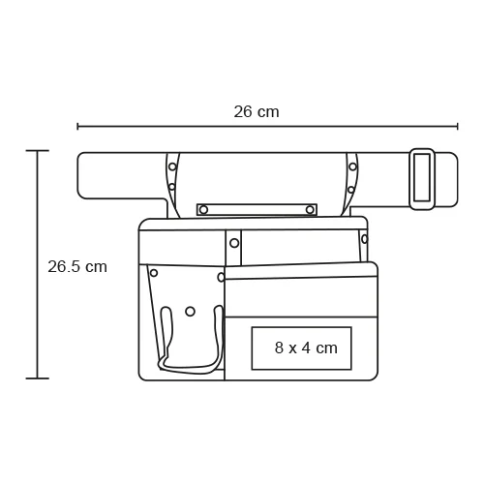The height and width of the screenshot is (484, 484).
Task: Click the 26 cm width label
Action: pyautogui.click(x=257, y=112)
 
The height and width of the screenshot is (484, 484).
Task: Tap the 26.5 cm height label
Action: pyautogui.click(x=77, y=267)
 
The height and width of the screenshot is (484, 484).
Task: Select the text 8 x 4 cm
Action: pyautogui.click(x=306, y=348)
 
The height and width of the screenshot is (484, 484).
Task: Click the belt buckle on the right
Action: pyautogui.click(x=422, y=178)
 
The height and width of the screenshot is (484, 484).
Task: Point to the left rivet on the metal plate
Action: pyautogui.click(x=203, y=210)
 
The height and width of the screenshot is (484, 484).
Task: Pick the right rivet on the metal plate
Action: pyautogui.click(x=310, y=210)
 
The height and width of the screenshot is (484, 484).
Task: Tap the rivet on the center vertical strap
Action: pyautogui.click(x=234, y=243)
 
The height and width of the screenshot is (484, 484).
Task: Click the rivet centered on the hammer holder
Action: pyautogui.click(x=190, y=312)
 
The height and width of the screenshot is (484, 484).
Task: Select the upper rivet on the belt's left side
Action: pyautogui.click(x=172, y=166)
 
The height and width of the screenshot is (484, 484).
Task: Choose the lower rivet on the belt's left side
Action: pyautogui.click(x=172, y=187)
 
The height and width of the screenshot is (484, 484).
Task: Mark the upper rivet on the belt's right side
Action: pyautogui.click(x=352, y=166)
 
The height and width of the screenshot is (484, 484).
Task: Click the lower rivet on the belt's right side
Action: pyautogui.click(x=351, y=190)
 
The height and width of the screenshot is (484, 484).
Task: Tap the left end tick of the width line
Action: pyautogui.click(x=77, y=126)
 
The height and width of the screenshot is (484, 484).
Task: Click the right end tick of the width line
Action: pyautogui.click(x=457, y=126)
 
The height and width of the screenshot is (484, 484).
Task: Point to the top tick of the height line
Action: pyautogui.click(x=38, y=151)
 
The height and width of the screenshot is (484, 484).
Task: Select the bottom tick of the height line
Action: pyautogui.click(x=38, y=378)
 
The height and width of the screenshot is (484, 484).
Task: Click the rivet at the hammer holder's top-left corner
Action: pyautogui.click(x=154, y=273)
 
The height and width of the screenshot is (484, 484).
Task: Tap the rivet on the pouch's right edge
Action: pyautogui.click(x=365, y=239)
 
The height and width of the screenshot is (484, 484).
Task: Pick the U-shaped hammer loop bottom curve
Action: pyautogui.click(x=189, y=369)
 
